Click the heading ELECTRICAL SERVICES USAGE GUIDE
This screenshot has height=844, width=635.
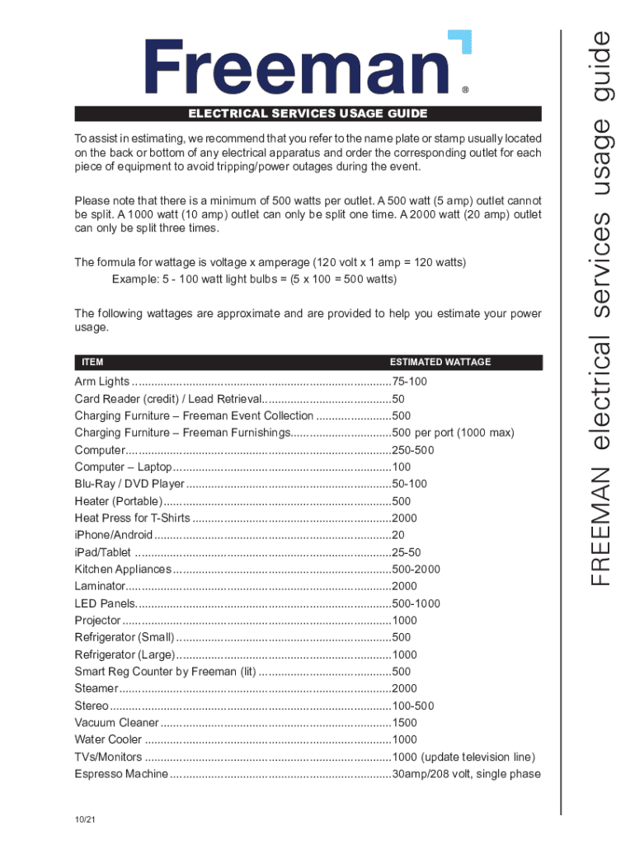(308, 114)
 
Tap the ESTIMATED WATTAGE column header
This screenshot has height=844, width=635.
(440, 362)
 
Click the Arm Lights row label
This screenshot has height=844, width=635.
(102, 382)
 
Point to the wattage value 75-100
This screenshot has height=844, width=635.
(410, 382)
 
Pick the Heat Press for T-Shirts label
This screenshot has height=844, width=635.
(132, 518)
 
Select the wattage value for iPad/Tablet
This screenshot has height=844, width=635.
(407, 552)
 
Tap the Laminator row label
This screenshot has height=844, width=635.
(100, 587)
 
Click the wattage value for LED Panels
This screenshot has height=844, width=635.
(416, 603)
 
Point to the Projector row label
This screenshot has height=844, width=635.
(98, 621)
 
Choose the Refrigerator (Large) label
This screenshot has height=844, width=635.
(125, 654)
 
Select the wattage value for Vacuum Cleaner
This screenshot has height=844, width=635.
(405, 723)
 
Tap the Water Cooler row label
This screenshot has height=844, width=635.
(108, 739)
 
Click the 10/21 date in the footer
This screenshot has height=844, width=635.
(82, 819)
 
